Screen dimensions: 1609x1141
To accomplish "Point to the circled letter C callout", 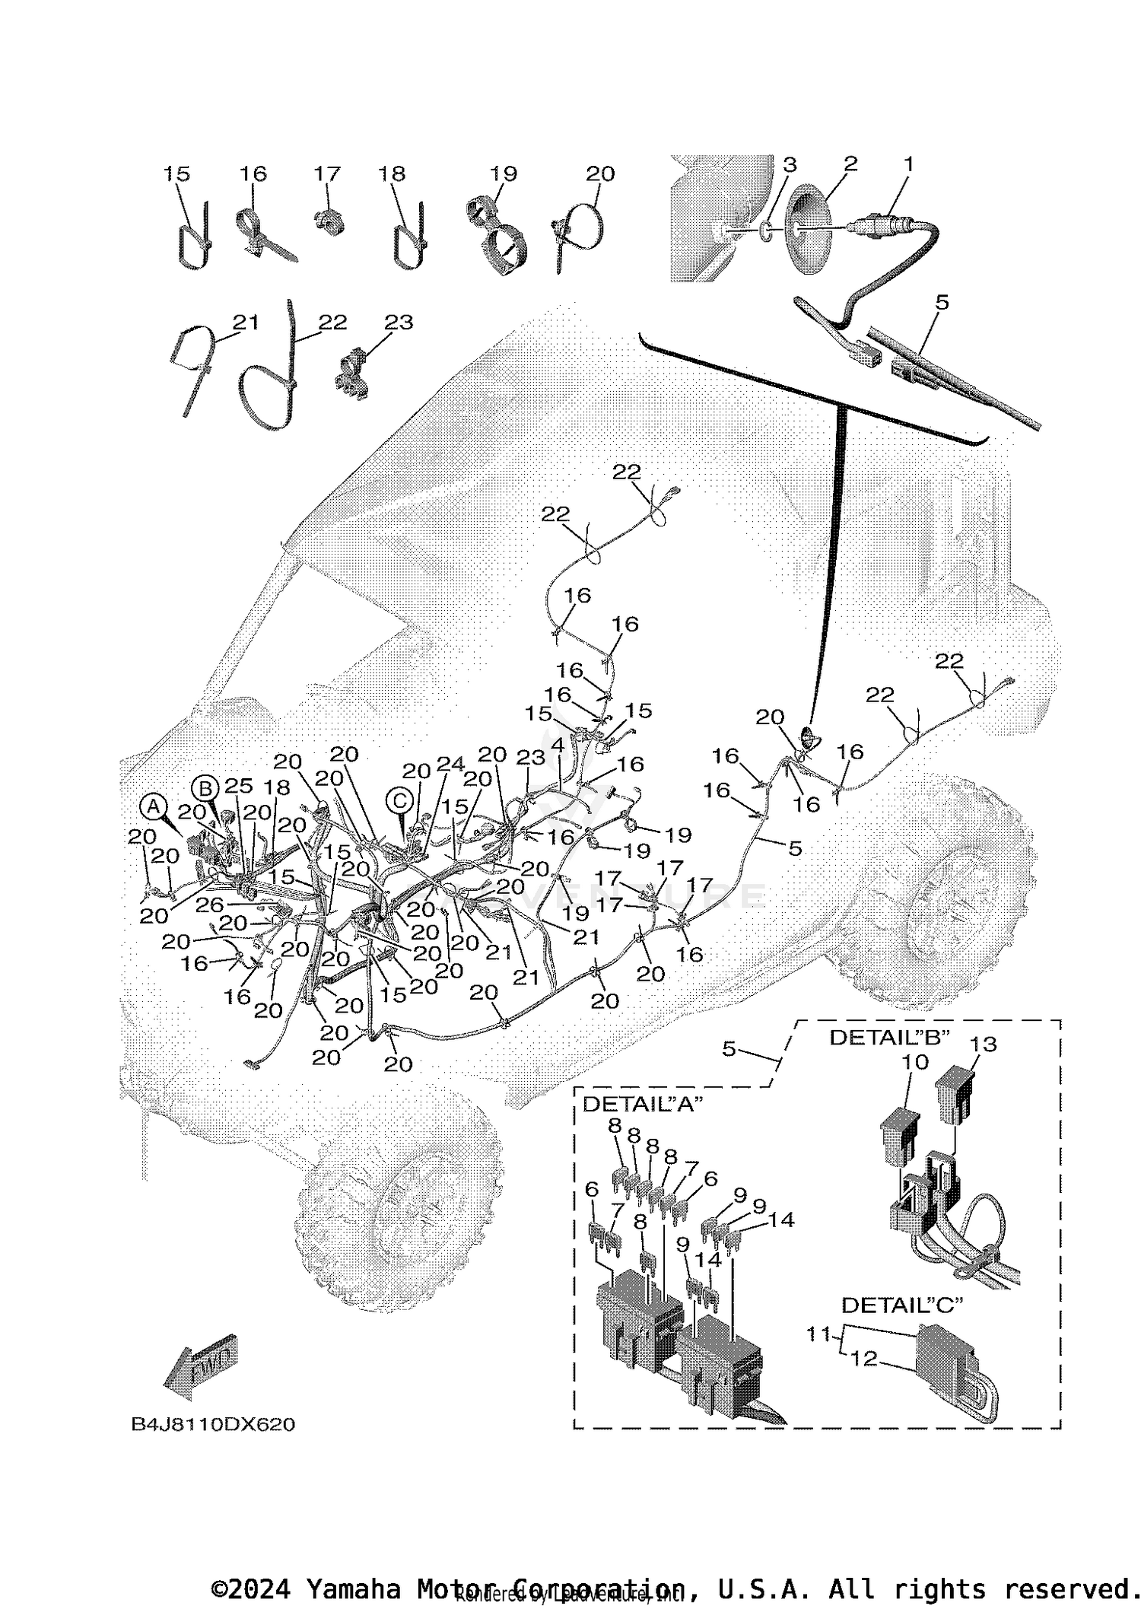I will click(x=399, y=800).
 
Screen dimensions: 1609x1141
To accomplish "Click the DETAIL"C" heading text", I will click(x=901, y=1305).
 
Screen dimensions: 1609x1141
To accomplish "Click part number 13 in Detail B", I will click(x=983, y=1045).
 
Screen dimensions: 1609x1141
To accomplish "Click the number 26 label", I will click(x=209, y=904).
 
